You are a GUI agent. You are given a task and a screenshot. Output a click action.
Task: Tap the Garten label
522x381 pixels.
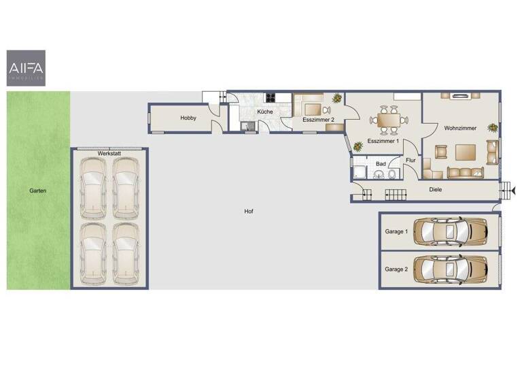(x=38, y=191)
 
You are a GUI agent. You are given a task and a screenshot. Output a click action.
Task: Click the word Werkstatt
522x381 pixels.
(x=109, y=154)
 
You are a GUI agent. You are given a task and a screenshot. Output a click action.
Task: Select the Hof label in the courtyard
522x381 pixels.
(x=249, y=212)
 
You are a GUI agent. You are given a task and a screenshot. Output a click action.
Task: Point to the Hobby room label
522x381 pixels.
(x=188, y=118)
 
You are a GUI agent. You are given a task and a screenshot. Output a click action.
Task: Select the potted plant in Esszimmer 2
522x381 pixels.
(x=336, y=99)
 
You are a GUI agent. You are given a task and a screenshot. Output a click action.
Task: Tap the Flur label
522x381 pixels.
(x=411, y=161)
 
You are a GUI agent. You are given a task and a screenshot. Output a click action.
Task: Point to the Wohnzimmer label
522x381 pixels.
(x=460, y=128)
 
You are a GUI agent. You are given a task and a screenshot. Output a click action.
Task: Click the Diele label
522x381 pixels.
(x=436, y=190)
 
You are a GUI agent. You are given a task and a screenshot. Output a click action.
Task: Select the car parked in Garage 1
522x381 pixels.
(x=451, y=231)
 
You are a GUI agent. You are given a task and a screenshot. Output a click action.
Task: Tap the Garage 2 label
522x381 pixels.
(x=396, y=269)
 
